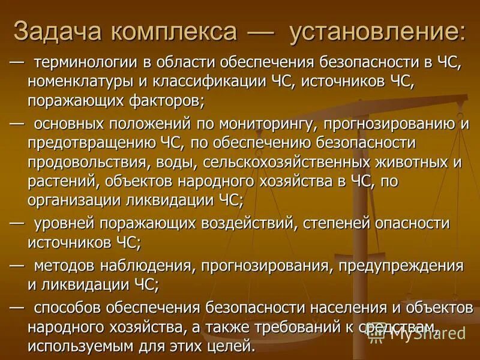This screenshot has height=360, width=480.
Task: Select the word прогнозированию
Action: tap(385, 124)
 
